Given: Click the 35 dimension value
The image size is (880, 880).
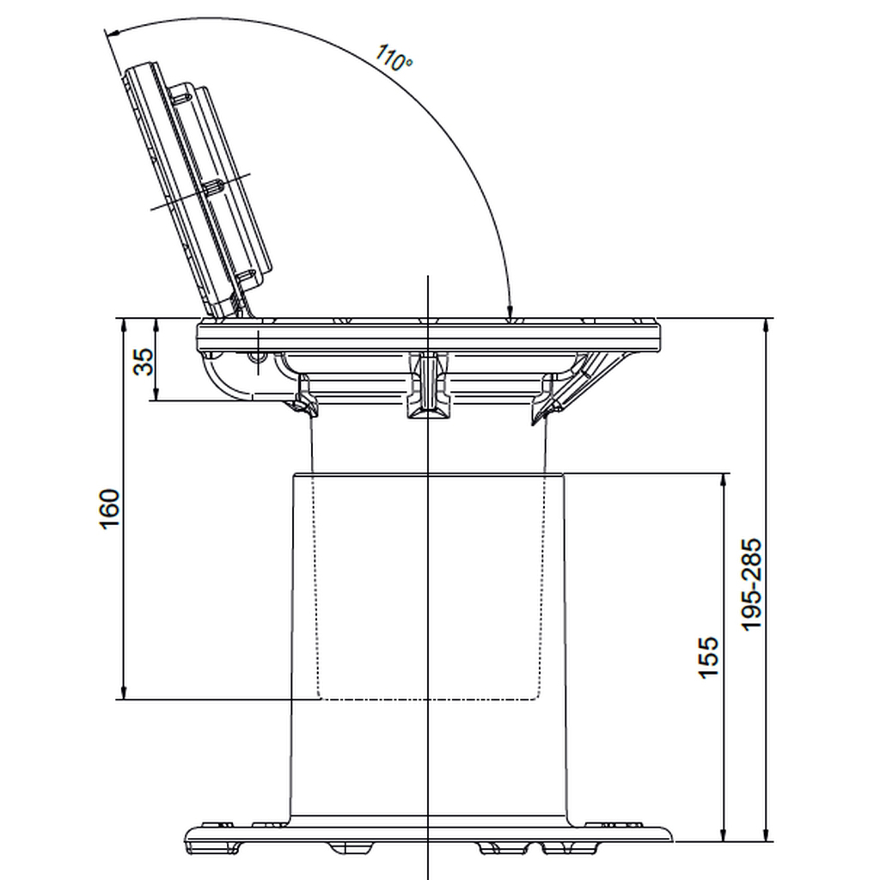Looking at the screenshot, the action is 144,362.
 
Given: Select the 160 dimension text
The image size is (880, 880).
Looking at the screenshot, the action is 109,509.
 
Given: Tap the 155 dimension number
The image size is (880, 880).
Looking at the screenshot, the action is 708,657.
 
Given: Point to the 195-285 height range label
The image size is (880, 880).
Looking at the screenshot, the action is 751,584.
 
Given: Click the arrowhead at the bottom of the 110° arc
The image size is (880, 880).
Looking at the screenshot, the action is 510,310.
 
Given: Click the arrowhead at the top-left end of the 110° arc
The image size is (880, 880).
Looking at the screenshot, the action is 111,34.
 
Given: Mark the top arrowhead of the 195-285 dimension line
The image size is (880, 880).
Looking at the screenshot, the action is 767,326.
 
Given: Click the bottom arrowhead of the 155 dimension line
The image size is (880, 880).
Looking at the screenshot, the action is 724,834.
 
